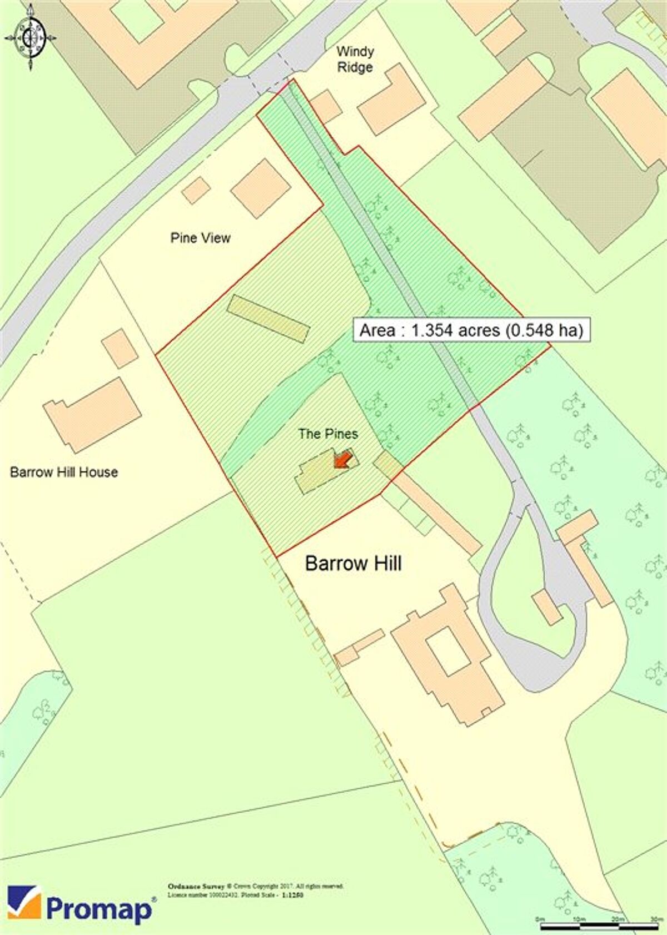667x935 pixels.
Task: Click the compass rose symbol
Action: pos(31,38)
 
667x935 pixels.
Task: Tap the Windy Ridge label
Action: pos(355,59)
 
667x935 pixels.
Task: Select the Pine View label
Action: pos(200,238)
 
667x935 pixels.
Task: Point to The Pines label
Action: pos(328,434)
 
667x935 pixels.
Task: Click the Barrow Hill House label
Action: pos(64,472)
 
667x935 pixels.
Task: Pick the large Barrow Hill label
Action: pos(354,564)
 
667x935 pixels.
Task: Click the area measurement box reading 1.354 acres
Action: pos(471,330)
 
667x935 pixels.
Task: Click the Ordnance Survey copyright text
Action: pos(256,890)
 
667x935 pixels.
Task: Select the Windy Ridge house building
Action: pos(391,100)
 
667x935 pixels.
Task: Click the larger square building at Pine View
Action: pos(261,188)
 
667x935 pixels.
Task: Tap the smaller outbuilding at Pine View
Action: pos(196,191)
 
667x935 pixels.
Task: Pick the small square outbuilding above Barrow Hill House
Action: pos(120,349)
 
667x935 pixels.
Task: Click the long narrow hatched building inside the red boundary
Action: pos(268,319)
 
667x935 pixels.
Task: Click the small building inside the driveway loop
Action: pos(547,608)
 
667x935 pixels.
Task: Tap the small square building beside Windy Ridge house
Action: pos(326,106)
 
